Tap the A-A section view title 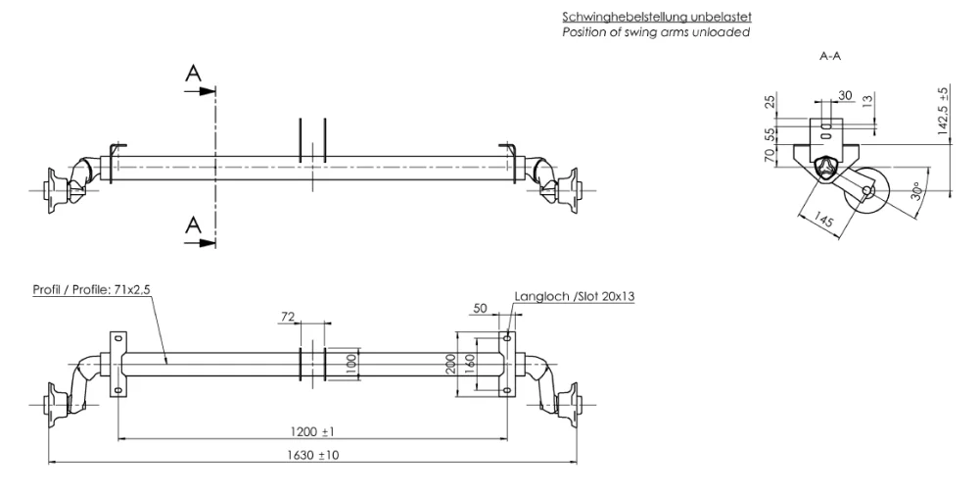point(830,58)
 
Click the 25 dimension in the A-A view point(771,102)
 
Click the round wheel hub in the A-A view point(868,190)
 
